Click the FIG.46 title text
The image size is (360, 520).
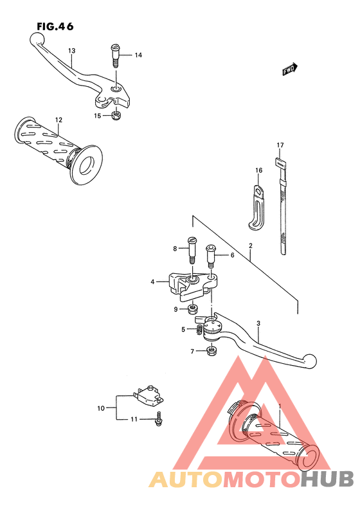coord(55,26)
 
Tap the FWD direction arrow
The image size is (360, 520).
coord(290,69)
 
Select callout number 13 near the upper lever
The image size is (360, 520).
coord(71,51)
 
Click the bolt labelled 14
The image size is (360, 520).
coord(115,56)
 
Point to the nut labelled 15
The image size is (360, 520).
coord(116,116)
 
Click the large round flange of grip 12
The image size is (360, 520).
coord(87,165)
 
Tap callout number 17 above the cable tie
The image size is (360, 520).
coord(280,145)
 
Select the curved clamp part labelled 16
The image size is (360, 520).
coord(256,207)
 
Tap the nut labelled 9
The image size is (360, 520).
coord(193,310)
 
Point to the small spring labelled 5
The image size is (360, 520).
coord(199,330)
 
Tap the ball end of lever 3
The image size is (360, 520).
coord(310,361)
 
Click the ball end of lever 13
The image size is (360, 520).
coord(37,39)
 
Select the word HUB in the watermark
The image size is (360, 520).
coord(327,479)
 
